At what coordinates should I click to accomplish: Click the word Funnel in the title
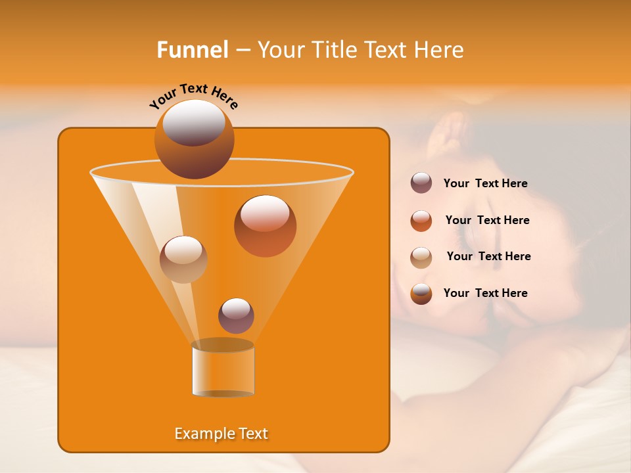point(193,50)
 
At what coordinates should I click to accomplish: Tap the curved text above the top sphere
point(194,95)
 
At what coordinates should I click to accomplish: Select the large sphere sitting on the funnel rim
point(195,139)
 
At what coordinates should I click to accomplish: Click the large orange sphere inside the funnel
point(265,225)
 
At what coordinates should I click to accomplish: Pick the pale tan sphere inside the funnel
point(183,259)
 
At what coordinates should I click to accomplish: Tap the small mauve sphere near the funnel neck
point(236,315)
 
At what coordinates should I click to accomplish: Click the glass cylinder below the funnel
point(223,371)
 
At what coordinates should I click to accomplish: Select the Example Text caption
point(222,434)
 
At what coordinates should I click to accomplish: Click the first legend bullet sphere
point(421,183)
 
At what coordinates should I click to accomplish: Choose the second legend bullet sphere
point(421,220)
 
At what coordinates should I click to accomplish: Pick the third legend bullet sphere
point(421,257)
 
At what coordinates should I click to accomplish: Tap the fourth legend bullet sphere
point(421,293)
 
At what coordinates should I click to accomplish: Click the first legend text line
point(485,183)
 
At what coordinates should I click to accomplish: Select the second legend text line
point(487,220)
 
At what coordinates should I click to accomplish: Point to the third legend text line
point(488,256)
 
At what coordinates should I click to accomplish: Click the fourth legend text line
point(485,293)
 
